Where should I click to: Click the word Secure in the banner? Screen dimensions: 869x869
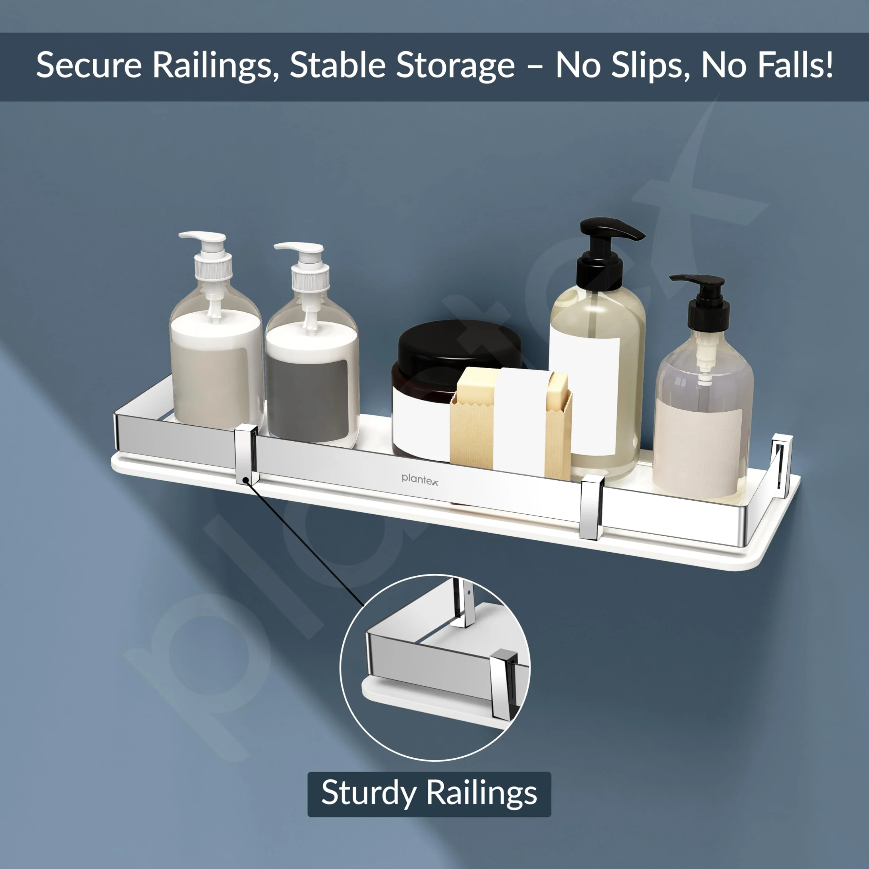[x=89, y=66]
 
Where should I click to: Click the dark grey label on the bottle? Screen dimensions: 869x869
[x=307, y=400]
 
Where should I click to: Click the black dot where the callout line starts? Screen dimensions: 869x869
[x=245, y=480]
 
